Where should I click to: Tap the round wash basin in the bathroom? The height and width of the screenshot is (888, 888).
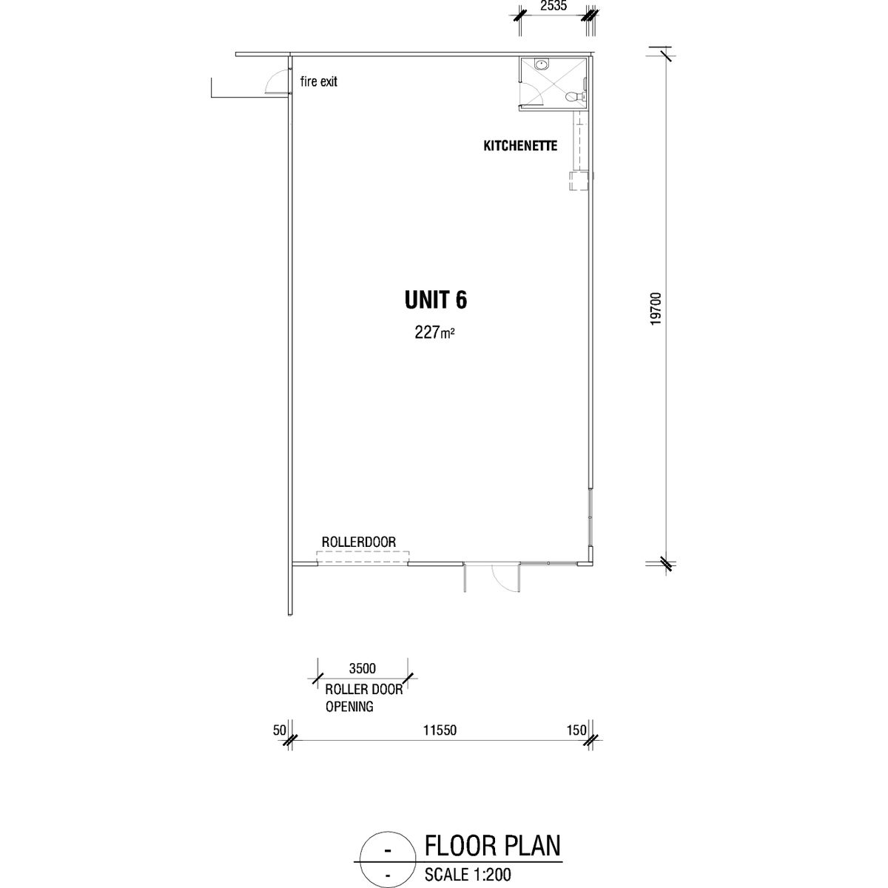tap(541, 64)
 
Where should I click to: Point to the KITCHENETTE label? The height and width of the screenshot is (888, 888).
tap(520, 146)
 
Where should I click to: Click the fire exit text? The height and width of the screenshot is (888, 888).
tap(318, 81)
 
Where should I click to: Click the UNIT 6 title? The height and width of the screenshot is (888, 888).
tap(435, 300)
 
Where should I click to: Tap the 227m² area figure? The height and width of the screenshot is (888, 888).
tap(434, 332)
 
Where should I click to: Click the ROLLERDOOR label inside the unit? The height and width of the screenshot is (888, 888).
tap(358, 542)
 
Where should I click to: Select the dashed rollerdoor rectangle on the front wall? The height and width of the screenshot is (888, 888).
tap(363, 558)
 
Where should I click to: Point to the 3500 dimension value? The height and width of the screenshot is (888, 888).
tap(362, 668)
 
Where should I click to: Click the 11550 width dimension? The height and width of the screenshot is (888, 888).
tap(440, 730)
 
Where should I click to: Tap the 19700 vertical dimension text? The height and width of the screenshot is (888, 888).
tap(656, 309)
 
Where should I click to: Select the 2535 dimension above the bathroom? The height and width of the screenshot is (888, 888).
tap(554, 6)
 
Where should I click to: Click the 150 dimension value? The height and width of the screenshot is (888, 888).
tap(577, 730)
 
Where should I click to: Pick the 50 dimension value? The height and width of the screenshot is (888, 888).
tap(280, 730)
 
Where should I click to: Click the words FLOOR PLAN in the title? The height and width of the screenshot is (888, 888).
tap(492, 846)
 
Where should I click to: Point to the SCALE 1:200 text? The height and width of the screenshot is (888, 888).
tap(468, 874)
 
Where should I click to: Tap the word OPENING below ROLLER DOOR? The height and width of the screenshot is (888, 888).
tap(349, 707)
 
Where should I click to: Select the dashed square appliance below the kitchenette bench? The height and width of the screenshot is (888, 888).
tap(579, 180)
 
